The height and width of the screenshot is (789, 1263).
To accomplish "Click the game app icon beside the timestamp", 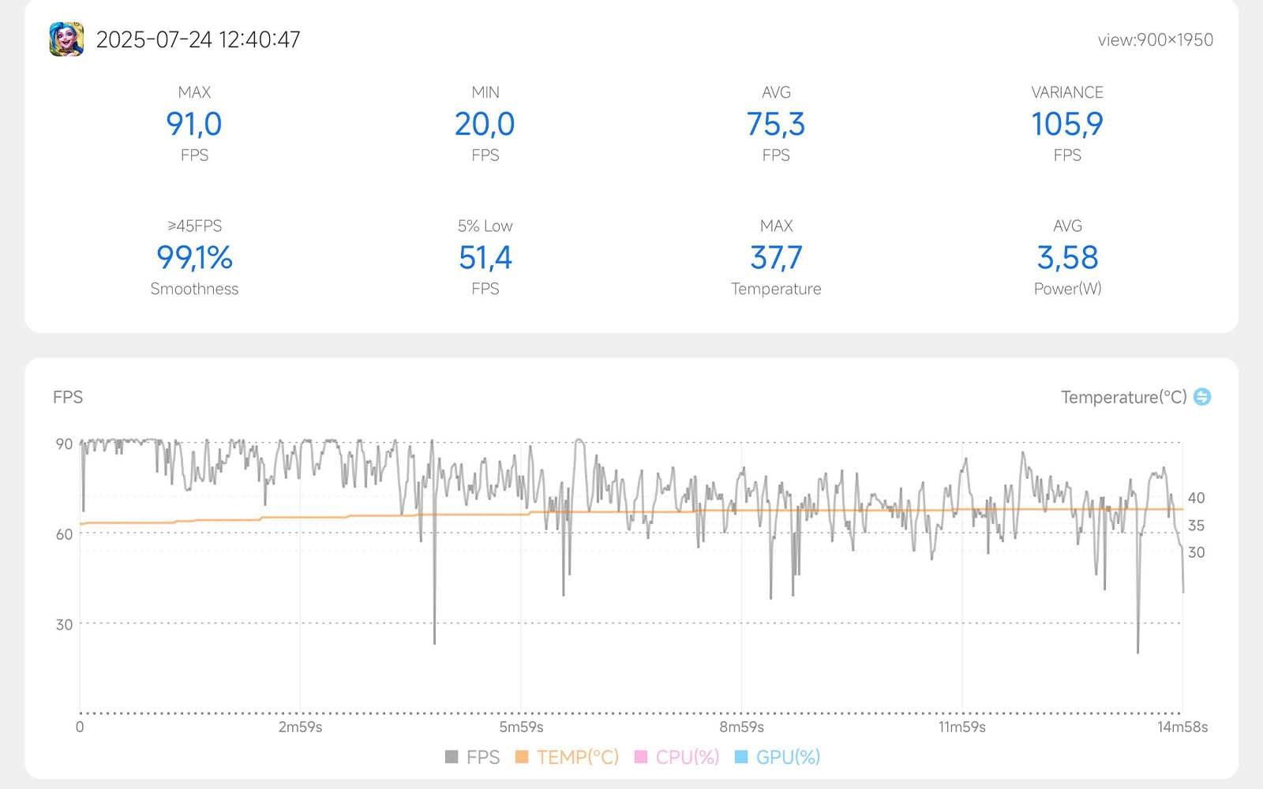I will tap(66, 39).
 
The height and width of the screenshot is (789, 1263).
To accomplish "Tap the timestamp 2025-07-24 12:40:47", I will tap(198, 39).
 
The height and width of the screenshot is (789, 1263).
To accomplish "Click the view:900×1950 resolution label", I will tap(1155, 40).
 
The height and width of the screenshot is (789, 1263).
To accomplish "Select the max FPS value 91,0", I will tap(194, 124).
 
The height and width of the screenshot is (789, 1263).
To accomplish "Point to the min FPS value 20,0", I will tap(485, 124).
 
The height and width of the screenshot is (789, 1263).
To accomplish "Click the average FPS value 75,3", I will tap(776, 124).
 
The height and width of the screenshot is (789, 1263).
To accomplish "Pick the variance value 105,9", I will tap(1067, 124).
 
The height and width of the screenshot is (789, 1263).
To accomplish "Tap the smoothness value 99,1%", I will tap(194, 257).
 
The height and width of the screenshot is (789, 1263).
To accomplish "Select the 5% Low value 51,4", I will tap(485, 257).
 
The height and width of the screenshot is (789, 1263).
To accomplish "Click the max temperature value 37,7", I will tap(776, 257).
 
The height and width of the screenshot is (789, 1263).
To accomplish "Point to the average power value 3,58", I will tap(1067, 257).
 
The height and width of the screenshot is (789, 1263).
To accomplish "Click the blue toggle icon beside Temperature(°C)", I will tap(1202, 396).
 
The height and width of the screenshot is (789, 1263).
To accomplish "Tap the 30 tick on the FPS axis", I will tap(64, 624).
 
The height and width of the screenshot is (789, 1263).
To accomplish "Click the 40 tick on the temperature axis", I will tap(1196, 498).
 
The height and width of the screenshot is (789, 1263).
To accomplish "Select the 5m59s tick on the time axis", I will tap(521, 727).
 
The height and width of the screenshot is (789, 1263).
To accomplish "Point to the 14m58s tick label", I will tap(1182, 727).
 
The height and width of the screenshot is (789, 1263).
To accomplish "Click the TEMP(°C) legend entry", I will tap(568, 757).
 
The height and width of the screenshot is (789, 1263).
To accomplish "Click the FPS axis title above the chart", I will tap(68, 397).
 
